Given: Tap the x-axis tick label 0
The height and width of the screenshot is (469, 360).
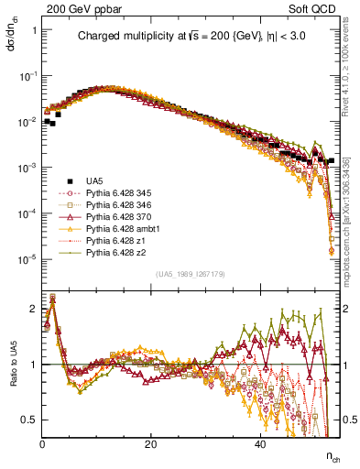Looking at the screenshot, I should [43, 444].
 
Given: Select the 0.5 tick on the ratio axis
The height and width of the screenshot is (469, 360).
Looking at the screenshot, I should [30, 420].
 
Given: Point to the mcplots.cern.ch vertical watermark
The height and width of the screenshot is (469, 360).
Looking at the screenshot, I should [352, 202].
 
